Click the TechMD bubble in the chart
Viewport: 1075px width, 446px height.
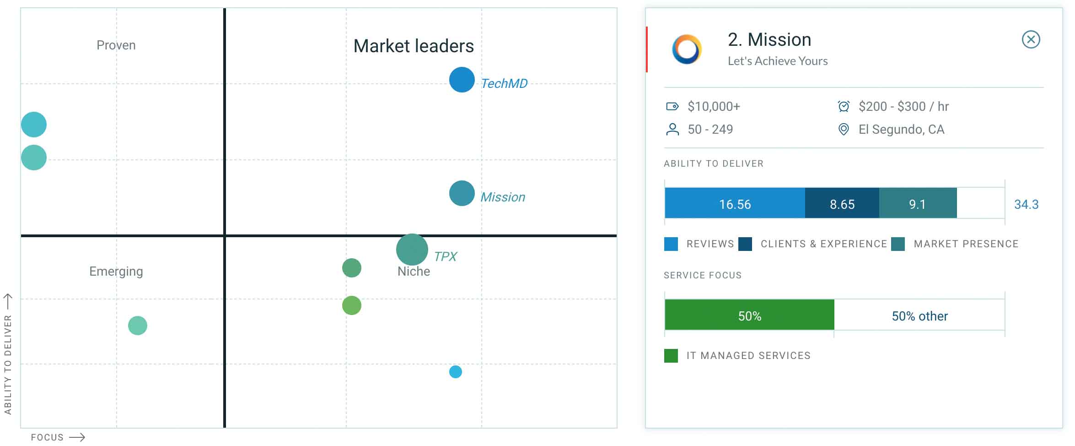pyautogui.click(x=462, y=80)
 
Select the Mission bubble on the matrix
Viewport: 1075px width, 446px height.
pyautogui.click(x=462, y=193)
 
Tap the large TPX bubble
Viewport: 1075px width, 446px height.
pyautogui.click(x=412, y=250)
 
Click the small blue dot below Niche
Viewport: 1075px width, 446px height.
pyautogui.click(x=455, y=372)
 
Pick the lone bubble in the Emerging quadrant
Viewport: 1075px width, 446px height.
pyautogui.click(x=137, y=326)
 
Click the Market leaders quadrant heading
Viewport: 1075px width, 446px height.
pyautogui.click(x=414, y=46)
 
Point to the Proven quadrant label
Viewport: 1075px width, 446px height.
pyautogui.click(x=116, y=45)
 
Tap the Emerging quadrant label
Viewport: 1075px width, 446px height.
pyautogui.click(x=116, y=272)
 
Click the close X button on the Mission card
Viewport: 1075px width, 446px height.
pyautogui.click(x=1031, y=39)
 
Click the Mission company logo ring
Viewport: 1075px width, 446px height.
pyautogui.click(x=687, y=49)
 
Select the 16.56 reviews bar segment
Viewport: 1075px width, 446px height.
pyautogui.click(x=734, y=204)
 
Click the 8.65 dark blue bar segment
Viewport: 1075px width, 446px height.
pyautogui.click(x=842, y=204)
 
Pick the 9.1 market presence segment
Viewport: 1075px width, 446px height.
pyautogui.click(x=917, y=204)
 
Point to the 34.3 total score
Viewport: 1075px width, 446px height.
pyautogui.click(x=1026, y=204)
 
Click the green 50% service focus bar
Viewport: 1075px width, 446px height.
pyautogui.click(x=749, y=315)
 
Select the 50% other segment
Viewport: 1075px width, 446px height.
pyautogui.click(x=919, y=315)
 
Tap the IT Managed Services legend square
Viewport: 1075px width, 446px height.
pyautogui.click(x=671, y=356)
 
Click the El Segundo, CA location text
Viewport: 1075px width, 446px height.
pyautogui.click(x=901, y=130)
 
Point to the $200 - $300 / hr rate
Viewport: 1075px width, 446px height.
pyautogui.click(x=903, y=107)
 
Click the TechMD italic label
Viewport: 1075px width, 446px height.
pyautogui.click(x=504, y=83)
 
